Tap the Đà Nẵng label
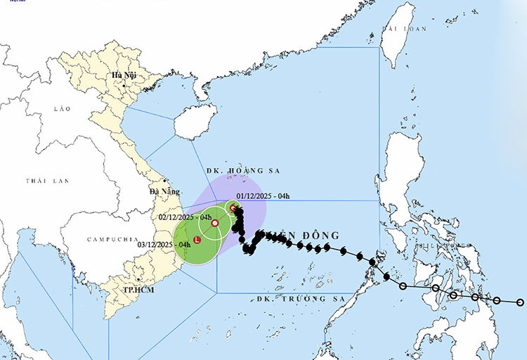(163, 191)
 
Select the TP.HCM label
(138, 290)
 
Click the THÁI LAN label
(47, 181)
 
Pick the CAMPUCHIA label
(112, 239)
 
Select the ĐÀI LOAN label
(404, 29)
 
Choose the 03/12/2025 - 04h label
(164, 244)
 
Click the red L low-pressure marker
(197, 240)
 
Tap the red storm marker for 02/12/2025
(215, 224)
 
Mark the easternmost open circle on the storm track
(520, 302)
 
